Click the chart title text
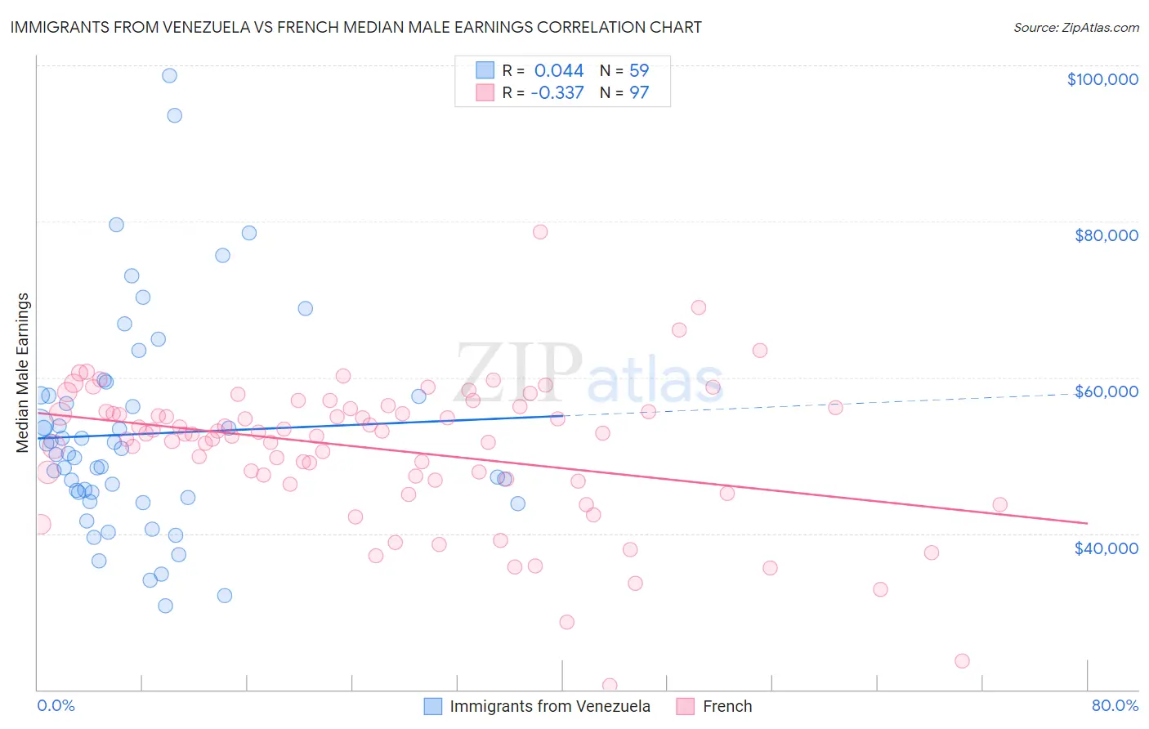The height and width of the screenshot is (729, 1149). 355,27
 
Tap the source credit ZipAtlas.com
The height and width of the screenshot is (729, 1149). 1075,27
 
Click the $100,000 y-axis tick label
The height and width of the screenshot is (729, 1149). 1102,79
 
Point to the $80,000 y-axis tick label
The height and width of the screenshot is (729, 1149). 1106,235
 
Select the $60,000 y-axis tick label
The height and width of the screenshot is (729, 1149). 1106,391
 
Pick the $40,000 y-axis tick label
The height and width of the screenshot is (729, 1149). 1106,548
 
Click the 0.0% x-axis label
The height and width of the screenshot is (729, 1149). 56,705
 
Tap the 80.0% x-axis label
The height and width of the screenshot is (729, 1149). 1115,705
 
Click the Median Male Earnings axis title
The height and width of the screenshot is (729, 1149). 23,372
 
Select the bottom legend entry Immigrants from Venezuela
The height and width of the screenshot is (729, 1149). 549,706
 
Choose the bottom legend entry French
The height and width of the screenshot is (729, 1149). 727,706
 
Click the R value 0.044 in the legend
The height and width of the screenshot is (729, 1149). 559,71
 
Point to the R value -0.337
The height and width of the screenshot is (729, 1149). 557,93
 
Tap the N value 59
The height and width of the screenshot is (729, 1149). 638,71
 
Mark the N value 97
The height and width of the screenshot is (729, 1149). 638,93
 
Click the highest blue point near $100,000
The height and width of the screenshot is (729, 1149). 169,75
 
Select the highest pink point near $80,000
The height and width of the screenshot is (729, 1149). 539,232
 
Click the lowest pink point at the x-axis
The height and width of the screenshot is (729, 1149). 609,685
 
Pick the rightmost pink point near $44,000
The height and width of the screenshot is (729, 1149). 999,505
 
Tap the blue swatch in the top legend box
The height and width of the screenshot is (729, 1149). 485,71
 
